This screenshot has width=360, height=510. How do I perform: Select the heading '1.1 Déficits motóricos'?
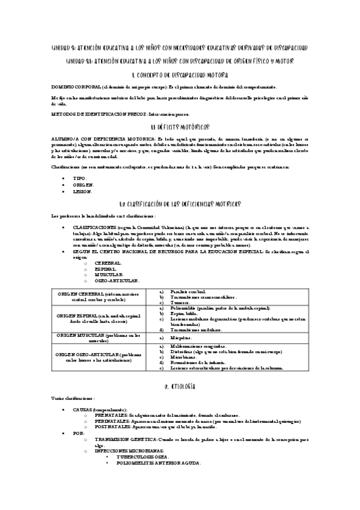(x=180, y=127)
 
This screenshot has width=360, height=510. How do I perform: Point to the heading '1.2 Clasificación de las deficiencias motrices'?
(x=180, y=204)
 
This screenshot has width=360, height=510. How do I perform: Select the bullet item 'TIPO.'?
(x=80, y=179)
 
